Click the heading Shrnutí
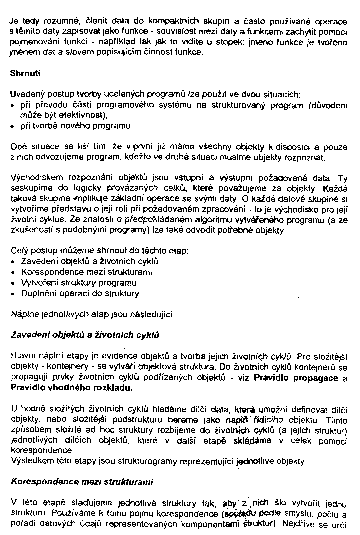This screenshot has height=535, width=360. click(x=25, y=73)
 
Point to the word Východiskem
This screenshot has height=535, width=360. click(x=32, y=178)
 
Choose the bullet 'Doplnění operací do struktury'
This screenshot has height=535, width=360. click(x=80, y=293)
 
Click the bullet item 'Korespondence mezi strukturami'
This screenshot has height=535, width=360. click(x=86, y=272)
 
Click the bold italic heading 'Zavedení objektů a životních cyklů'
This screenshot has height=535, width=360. click(x=85, y=335)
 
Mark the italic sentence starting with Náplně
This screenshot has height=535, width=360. click(x=92, y=315)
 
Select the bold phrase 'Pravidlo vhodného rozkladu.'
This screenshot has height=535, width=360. click(x=71, y=387)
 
